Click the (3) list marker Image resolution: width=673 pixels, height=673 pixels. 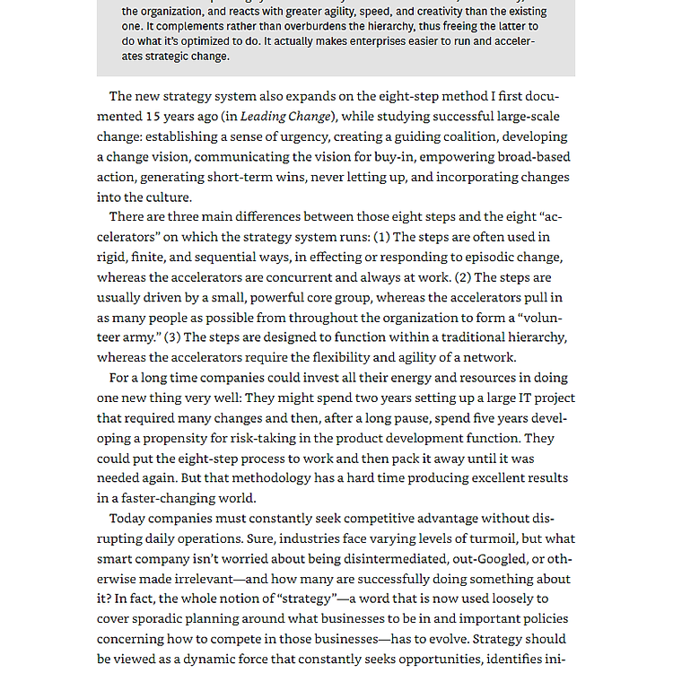click(x=172, y=337)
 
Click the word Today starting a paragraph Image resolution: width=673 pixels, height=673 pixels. click(x=127, y=519)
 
